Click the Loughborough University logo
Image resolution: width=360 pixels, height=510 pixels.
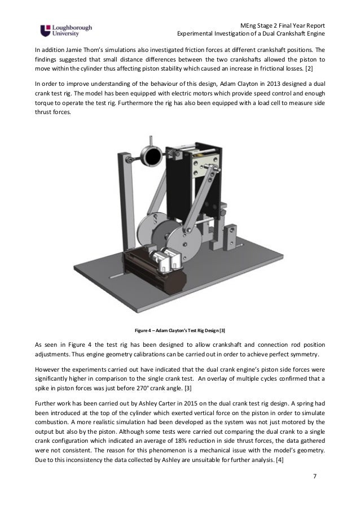click(x=65, y=29)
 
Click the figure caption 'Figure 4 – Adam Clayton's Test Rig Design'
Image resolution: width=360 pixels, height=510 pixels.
click(x=179, y=330)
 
